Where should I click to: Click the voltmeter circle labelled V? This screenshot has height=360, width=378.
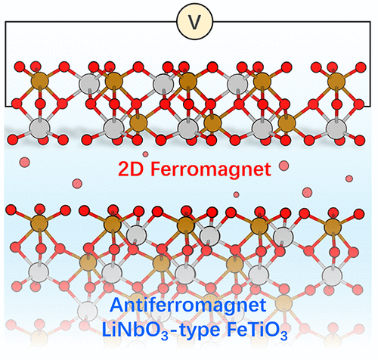click(194, 22)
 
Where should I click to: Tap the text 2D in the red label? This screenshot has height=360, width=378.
click(131, 169)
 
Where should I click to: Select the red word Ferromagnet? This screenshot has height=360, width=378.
click(211, 170)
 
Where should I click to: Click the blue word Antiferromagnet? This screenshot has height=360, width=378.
click(188, 306)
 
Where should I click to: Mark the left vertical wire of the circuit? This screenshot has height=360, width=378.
click(5, 64)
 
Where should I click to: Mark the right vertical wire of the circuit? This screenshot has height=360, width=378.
click(370, 64)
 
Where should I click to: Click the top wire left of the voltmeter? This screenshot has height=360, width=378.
click(91, 22)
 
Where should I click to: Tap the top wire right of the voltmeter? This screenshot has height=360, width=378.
click(292, 22)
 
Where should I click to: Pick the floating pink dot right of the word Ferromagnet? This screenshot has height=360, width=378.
click(284, 166)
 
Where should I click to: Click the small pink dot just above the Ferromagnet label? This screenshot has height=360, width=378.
click(145, 154)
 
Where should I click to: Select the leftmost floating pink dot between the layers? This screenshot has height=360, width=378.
click(25, 162)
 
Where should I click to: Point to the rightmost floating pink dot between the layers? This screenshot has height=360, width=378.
click(349, 178)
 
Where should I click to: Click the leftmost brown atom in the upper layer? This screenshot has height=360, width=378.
click(40, 81)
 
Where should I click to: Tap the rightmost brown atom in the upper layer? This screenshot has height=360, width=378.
click(336, 82)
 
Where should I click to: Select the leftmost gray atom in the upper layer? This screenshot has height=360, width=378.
click(39, 129)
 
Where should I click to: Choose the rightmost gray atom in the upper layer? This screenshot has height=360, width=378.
click(336, 129)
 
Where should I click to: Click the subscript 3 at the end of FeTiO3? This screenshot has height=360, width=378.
click(284, 336)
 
